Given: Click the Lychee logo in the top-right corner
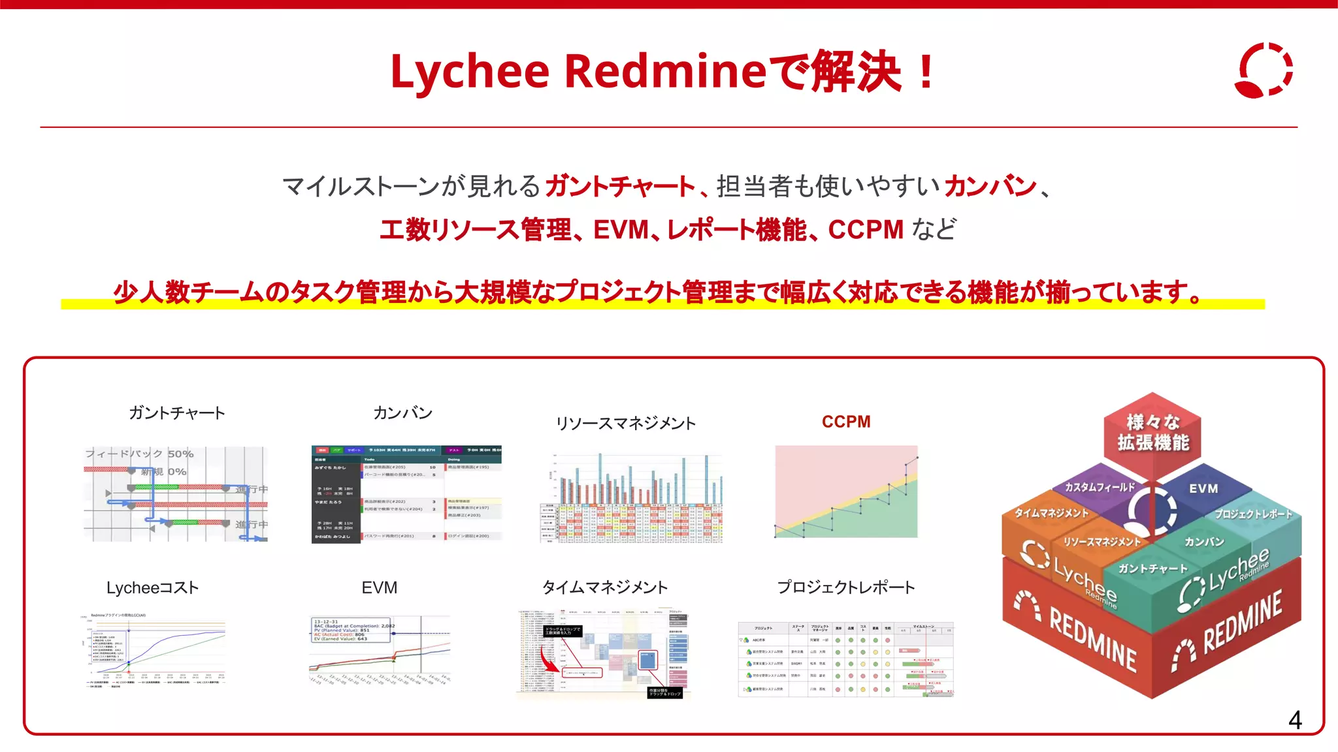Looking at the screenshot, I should point(1264,70).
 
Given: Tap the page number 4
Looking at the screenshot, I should point(1295,720).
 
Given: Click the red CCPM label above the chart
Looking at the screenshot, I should point(846,422).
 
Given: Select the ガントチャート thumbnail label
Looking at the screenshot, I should point(176,413).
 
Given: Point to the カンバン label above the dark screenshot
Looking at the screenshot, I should point(402,413).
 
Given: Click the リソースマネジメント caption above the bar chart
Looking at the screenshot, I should point(625,423).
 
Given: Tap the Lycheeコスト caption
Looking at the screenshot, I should point(152,587).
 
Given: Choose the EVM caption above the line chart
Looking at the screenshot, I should point(379,587).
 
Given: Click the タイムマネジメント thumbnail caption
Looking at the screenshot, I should point(605,587).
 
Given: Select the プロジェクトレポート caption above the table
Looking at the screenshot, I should point(846,587).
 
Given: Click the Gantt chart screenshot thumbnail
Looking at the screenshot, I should point(176,494).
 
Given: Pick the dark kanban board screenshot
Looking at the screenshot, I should point(406,494).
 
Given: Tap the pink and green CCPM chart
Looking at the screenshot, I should point(846,492).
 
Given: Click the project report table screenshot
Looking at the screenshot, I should point(846,659).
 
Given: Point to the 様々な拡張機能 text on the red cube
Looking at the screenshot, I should point(1152,433).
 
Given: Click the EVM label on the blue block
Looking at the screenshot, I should point(1203,488).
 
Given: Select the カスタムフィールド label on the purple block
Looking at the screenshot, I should point(1100,487).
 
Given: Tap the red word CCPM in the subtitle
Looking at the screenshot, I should point(866,230).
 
